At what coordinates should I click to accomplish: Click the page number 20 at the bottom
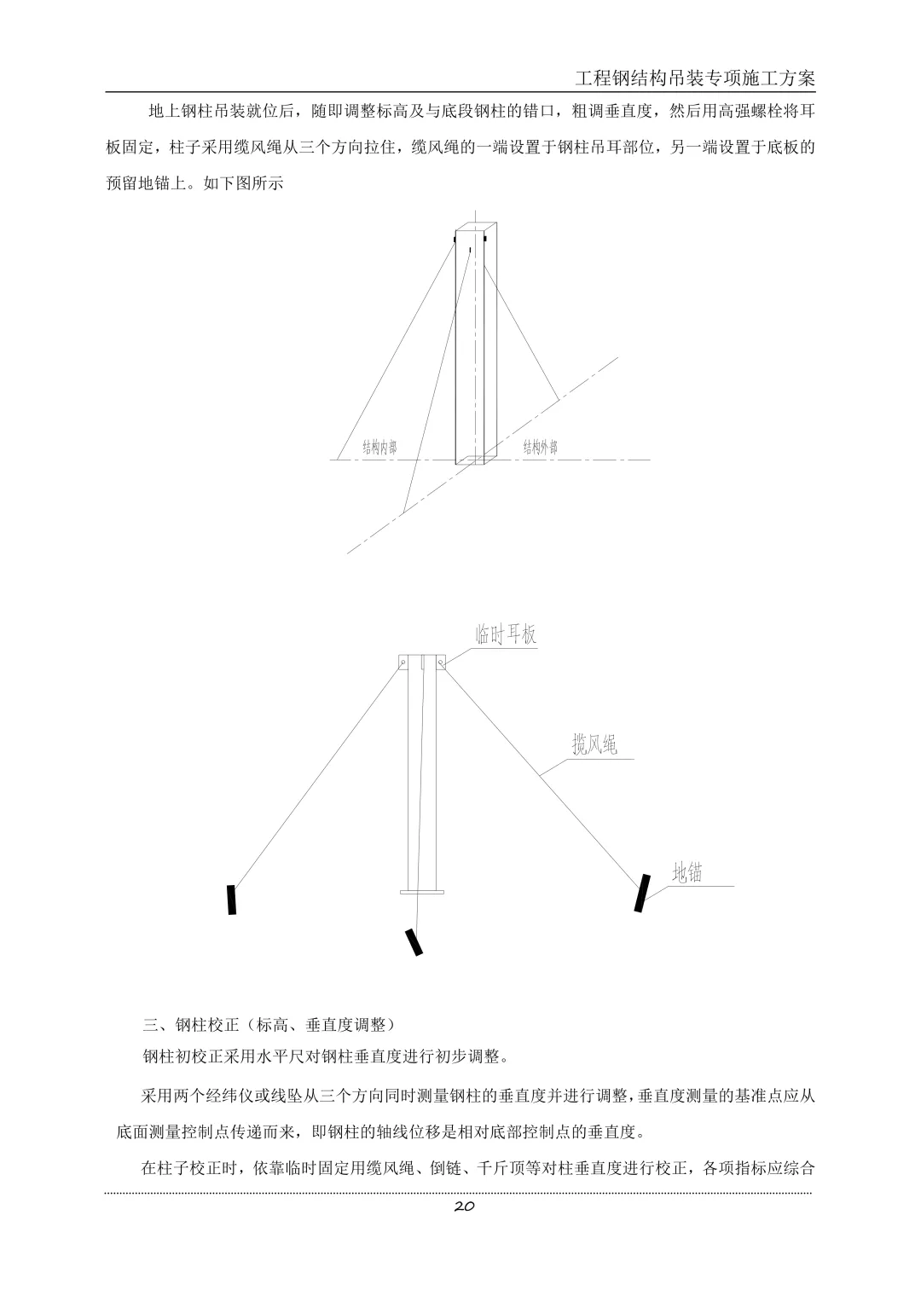[x=465, y=1206]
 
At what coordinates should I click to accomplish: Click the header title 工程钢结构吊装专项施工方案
[x=695, y=78]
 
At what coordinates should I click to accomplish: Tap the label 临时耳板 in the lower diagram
[x=506, y=634]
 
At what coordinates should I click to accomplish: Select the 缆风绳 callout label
[x=594, y=745]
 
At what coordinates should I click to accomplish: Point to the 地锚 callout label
[x=687, y=872]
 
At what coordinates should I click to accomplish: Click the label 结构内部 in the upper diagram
[x=379, y=448]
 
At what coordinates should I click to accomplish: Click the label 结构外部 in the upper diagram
[x=541, y=448]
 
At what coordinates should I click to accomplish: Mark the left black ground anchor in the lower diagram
[x=231, y=900]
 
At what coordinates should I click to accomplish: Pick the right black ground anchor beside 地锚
[x=642, y=893]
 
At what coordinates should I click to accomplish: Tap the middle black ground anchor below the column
[x=414, y=941]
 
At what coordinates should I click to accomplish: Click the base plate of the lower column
[x=422, y=892]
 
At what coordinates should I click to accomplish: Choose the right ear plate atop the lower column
[x=441, y=662]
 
